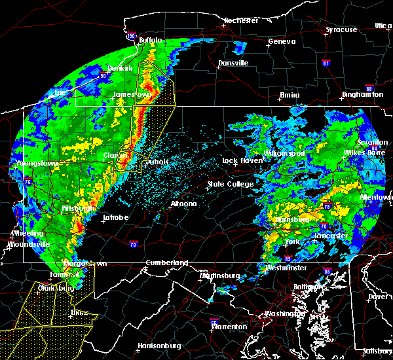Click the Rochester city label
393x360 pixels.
(242, 20)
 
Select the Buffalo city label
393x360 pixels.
(150, 41)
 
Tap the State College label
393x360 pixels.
(231, 184)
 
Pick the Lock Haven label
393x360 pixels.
(240, 160)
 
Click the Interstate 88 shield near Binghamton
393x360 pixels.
(369, 88)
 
